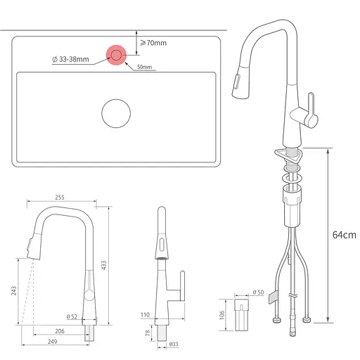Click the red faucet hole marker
[115, 55]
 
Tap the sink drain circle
[115, 113]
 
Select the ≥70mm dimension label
[153, 43]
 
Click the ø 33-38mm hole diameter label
[71, 60]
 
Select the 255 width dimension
[60, 198]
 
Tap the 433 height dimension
[104, 265]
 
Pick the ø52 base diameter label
[72, 316]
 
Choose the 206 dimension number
[60, 330]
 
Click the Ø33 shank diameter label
[173, 344]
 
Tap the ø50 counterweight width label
[257, 292]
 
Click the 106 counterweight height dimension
[222, 314]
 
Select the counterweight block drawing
[242, 314]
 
